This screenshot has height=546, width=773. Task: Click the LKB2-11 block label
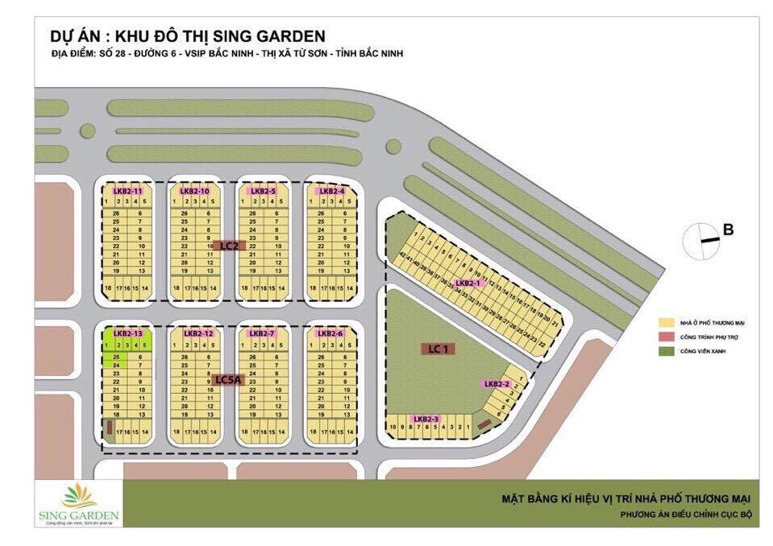[x=127, y=191]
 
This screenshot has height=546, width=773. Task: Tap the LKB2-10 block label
[x=195, y=191]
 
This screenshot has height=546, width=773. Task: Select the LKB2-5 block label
[x=264, y=191]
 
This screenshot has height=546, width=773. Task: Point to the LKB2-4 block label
[x=331, y=191]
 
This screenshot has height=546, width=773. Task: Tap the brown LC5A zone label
[x=229, y=380]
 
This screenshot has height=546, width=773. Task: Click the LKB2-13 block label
[x=127, y=333]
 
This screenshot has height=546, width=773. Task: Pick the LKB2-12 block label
[x=197, y=333]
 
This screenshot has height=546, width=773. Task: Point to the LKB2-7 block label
[x=263, y=333]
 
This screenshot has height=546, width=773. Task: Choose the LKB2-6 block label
[x=330, y=333]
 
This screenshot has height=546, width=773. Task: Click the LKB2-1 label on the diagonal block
[x=468, y=283]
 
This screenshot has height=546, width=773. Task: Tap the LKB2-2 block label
[x=497, y=384]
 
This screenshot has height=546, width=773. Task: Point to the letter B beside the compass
[x=728, y=230]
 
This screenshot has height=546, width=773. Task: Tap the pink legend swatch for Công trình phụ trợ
[x=666, y=337]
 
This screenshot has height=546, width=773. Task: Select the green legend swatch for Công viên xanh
[x=666, y=351]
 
